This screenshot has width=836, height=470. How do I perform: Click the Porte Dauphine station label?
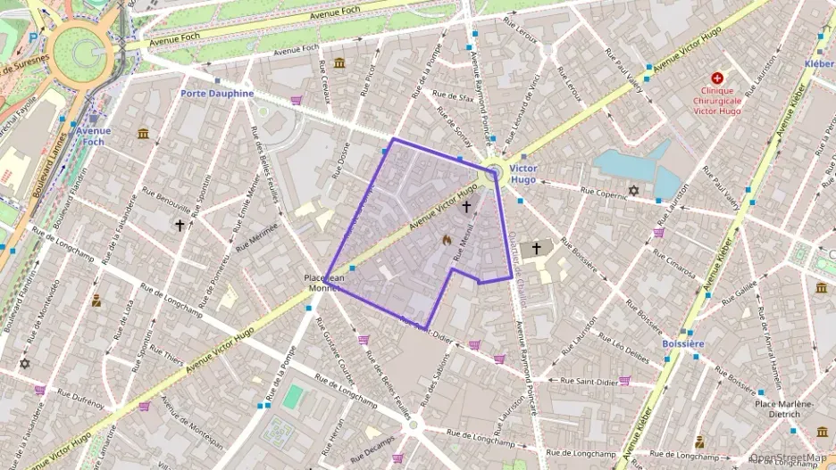point(217,93)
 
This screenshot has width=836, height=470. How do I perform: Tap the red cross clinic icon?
point(716,78)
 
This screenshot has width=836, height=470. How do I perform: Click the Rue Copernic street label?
point(603,190)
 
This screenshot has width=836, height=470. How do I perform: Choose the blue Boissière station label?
point(684,343)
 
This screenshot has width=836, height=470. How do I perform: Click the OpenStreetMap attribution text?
point(789,458)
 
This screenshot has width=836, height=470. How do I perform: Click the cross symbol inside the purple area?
point(466,206)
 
